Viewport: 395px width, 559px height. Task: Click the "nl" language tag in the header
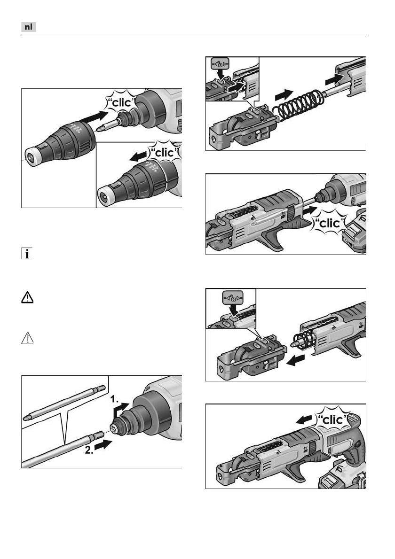click(x=29, y=27)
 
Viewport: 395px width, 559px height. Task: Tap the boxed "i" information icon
click(x=27, y=254)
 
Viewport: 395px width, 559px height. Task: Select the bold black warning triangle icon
click(x=27, y=298)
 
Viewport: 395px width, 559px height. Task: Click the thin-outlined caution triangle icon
click(x=27, y=338)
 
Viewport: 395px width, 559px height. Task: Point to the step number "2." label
click(x=89, y=450)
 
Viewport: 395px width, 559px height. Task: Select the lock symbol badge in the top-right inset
click(x=220, y=64)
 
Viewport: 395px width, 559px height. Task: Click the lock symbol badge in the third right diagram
click(x=233, y=296)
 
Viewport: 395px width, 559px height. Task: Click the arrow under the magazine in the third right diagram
click(x=296, y=360)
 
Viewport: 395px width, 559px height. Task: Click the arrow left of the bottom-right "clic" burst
click(x=304, y=419)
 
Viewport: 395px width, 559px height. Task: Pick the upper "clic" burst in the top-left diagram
click(x=121, y=102)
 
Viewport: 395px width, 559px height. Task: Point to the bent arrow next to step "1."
click(x=120, y=410)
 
